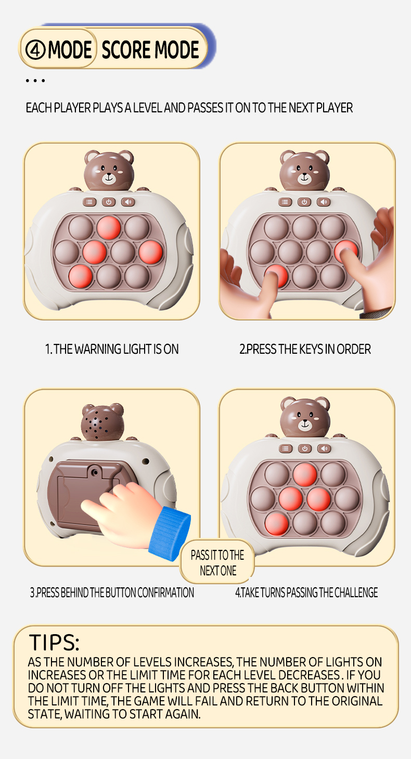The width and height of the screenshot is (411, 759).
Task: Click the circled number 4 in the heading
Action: coord(35,50)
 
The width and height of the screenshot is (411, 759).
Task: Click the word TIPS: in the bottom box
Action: coord(54,642)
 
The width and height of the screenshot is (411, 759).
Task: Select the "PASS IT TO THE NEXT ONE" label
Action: coord(217,563)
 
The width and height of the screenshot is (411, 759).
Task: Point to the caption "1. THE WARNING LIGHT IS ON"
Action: coord(112,349)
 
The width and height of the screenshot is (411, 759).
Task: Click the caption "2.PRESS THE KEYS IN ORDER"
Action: coord(305,349)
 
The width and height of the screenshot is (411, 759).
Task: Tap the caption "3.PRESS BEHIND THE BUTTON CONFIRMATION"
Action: coord(112,593)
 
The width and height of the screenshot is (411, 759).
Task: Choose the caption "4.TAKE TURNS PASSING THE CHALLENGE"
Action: coord(306,593)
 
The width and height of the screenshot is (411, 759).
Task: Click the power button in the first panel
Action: coord(109,202)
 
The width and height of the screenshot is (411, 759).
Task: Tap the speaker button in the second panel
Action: coord(324,202)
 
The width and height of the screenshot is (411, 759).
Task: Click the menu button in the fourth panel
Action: coord(286,448)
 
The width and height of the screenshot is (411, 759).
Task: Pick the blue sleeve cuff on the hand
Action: coord(170,533)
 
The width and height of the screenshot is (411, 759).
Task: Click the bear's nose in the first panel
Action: coord(109,175)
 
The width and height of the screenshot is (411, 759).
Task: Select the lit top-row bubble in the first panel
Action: coord(109,227)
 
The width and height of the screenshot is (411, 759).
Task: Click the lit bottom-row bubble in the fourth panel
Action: coord(277,524)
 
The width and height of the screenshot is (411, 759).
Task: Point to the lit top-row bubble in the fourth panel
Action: coord(305,474)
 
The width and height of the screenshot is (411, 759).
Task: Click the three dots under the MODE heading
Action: coord(35,81)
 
